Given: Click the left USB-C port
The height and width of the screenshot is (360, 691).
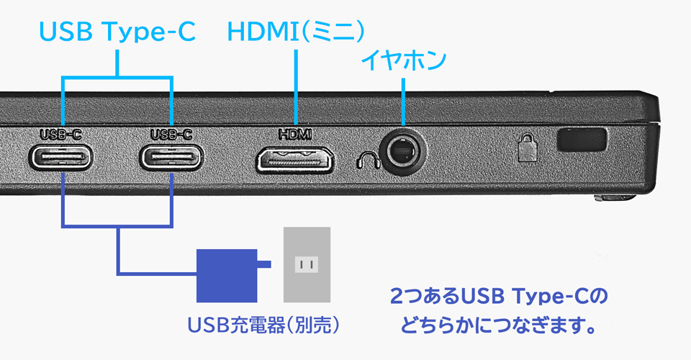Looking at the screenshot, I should click(61, 156).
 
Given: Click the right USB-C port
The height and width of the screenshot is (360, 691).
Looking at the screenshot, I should click(173, 156).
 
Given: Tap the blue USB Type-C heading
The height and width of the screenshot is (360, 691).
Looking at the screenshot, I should click(117, 32).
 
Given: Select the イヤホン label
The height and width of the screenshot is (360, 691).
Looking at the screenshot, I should click(404, 60).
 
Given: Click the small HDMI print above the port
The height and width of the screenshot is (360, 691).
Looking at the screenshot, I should click(295, 134).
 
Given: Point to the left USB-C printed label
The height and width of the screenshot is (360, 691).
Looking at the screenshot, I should click(61, 134).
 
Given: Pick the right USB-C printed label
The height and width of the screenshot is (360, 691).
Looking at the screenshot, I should click(173, 134).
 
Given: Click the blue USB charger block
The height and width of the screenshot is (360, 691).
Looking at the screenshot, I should click(226, 275).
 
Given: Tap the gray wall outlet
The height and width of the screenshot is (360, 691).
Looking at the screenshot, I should click(307, 264).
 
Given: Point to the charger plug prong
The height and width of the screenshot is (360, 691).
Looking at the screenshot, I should click(263, 265).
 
